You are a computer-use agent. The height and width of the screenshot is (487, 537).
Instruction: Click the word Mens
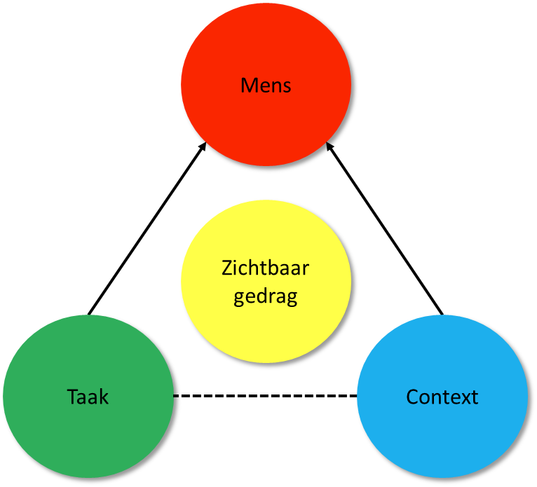pos(266,85)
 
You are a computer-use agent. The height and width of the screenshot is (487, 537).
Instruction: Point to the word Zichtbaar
pos(266,269)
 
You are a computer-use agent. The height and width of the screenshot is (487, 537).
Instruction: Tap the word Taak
pos(88,397)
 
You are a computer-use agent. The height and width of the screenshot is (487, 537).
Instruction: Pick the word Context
pos(442,397)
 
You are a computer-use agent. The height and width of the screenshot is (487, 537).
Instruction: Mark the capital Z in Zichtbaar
pos(226,269)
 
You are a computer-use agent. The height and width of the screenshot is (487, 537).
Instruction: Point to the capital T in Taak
pos(72,397)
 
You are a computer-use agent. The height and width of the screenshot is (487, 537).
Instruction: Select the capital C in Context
pos(412,397)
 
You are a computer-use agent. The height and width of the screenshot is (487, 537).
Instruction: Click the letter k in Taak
pos(104,397)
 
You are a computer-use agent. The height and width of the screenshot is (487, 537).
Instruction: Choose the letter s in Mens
pos(286,88)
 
